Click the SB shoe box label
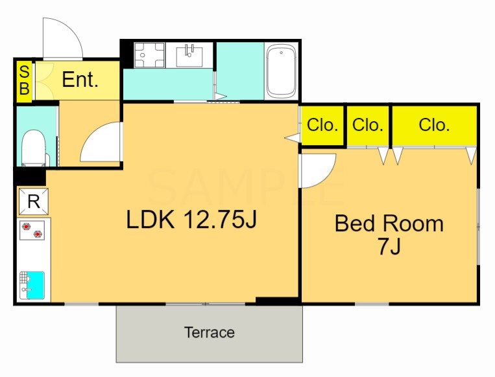point(24,80)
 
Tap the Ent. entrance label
point(80,80)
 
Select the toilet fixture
point(34,148)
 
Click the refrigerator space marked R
point(34,201)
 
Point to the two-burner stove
point(32,231)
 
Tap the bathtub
point(281,71)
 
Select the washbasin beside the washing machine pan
point(189,55)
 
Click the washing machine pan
point(150,55)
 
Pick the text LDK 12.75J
point(191,220)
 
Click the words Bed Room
point(389,223)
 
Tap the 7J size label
point(389,246)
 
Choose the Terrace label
point(210,332)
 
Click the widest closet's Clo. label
point(434,125)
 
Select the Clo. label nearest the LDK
point(322,125)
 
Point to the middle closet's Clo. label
point(367,125)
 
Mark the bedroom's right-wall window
point(479,226)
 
